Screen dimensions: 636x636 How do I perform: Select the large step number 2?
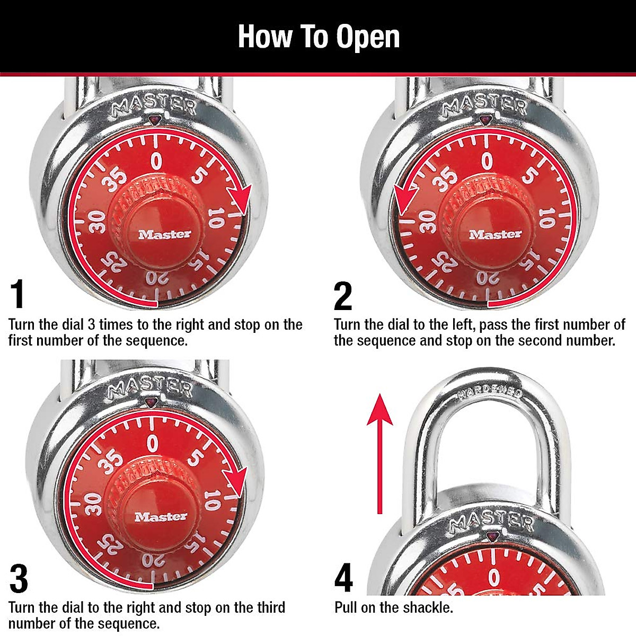[x=343, y=296]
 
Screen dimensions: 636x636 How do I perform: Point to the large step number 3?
[x=19, y=579]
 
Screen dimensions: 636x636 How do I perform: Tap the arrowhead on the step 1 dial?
[x=240, y=200]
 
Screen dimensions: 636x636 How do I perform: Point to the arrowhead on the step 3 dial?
[x=236, y=482]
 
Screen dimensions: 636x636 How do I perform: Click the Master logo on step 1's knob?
[x=164, y=234]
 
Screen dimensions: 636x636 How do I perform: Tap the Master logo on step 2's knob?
[x=495, y=234]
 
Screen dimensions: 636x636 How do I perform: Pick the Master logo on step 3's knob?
[x=161, y=517]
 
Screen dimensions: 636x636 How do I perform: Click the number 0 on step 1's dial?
[x=156, y=161]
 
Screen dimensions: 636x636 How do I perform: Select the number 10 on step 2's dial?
[x=546, y=218]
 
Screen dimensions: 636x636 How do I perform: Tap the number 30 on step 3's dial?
[x=93, y=504]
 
